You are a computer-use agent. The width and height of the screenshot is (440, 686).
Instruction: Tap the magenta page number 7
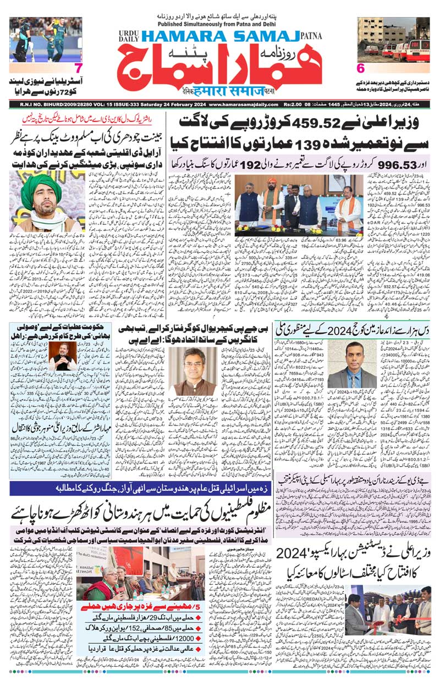click(79, 69)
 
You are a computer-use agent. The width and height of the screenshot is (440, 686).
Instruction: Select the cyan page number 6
click(361, 69)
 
